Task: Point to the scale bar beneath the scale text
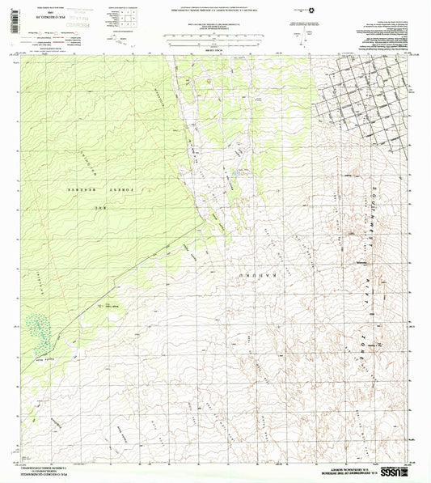coord(214,39)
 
